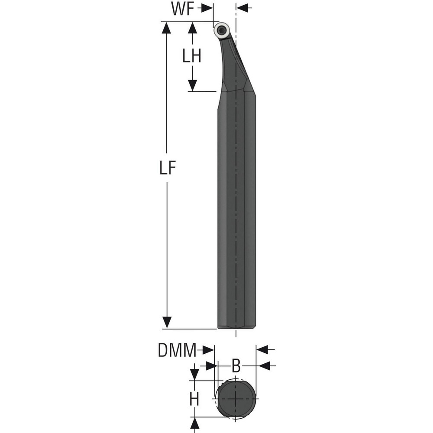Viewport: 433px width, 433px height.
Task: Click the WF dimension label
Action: tap(182, 10)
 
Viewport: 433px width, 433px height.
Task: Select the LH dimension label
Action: tap(191, 56)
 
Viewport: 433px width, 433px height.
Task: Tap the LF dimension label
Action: tap(167, 169)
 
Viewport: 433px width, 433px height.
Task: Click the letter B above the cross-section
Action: tap(236, 366)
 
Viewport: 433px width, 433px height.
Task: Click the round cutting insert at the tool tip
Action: tap(222, 30)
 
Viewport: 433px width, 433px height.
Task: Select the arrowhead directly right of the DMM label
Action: tap(209, 349)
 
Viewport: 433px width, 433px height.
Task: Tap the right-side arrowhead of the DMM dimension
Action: tap(262, 349)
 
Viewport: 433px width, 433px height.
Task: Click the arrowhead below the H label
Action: tap(194, 423)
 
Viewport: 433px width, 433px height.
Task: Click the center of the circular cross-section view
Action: tap(236, 398)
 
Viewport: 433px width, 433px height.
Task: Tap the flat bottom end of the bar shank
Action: tap(236, 328)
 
